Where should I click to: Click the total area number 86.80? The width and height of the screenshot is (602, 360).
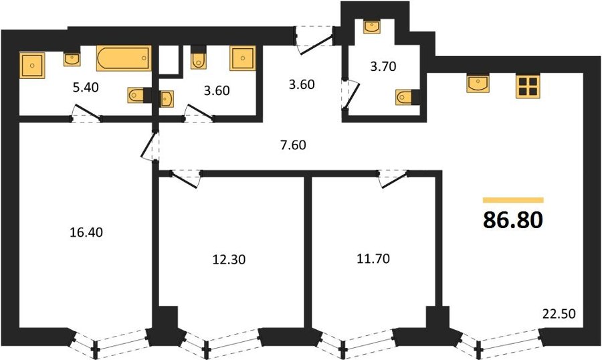click(513, 219)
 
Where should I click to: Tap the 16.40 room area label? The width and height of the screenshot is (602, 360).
click(86, 232)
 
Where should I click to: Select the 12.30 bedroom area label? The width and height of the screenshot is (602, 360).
click(229, 260)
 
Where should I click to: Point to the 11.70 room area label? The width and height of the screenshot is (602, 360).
click(373, 258)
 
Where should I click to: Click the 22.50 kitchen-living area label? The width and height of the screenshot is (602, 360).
click(559, 314)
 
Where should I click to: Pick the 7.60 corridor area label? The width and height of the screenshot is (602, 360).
click(293, 145)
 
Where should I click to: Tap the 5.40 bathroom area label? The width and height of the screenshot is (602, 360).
click(86, 87)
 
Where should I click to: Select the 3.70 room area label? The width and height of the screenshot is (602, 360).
click(383, 66)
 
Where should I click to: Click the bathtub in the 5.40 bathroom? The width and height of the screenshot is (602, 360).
click(124, 58)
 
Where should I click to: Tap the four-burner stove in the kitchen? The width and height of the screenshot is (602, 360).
click(528, 86)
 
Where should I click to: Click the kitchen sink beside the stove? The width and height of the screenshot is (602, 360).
click(478, 84)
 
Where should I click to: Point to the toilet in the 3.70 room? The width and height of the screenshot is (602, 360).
click(405, 97)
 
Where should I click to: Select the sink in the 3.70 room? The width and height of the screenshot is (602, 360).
click(372, 27)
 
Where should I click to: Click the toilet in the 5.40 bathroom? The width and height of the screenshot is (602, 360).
click(137, 95)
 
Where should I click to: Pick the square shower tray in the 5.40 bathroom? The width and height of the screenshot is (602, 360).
click(32, 66)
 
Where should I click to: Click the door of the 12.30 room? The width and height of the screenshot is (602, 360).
click(186, 179)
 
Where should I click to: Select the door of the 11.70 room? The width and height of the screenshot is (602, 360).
click(393, 179)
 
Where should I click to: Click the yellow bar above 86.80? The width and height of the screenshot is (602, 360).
click(513, 200)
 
